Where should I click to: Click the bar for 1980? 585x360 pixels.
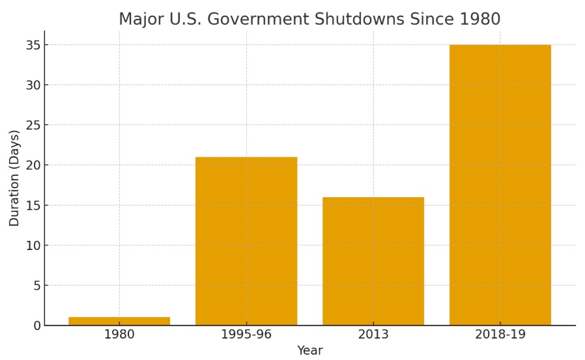(119, 321)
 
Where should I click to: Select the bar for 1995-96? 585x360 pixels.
(246, 241)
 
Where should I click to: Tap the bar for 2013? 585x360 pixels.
(373, 261)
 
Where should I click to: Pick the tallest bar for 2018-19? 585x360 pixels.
(500, 185)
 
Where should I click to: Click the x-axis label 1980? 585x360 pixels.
(119, 335)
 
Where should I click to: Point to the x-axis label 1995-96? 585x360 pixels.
(246, 335)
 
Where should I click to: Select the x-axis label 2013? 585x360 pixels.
(373, 335)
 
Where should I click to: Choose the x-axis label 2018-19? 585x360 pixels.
(500, 335)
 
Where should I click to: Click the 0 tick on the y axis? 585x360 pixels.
(36, 325)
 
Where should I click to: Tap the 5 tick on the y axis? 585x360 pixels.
(36, 285)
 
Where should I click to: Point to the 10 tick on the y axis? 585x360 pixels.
(33, 245)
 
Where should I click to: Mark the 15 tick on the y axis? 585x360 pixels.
(33, 205)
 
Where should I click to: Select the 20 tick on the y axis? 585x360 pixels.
(33, 165)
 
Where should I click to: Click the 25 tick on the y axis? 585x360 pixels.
(33, 125)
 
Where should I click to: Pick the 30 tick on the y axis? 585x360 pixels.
(33, 85)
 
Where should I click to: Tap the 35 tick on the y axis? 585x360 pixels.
(33, 45)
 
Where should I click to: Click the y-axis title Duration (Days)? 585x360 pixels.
(14, 178)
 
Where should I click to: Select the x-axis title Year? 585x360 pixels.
(310, 351)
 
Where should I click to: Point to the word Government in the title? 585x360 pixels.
(263, 20)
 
